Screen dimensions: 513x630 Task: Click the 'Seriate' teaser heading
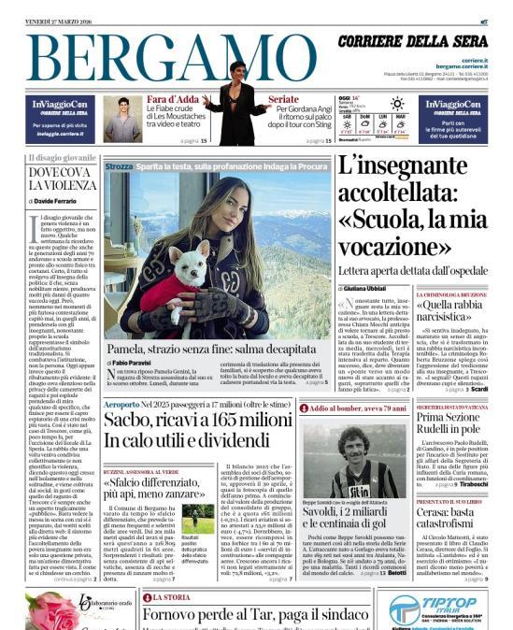(284, 98)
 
